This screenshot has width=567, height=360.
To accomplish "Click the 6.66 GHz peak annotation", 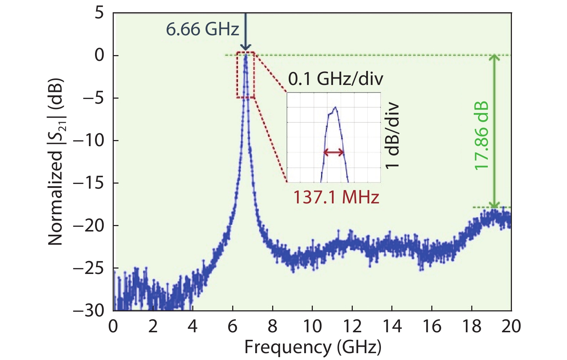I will [x=202, y=29].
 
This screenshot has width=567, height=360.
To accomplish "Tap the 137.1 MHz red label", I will [x=336, y=197].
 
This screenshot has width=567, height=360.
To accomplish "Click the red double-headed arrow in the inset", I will [x=334, y=152].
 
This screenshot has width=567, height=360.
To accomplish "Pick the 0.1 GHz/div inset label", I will [x=336, y=78].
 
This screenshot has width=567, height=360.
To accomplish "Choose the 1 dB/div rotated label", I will [x=392, y=136].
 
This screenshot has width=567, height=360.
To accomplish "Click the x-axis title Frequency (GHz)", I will [x=312, y=347].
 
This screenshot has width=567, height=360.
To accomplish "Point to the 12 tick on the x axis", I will [x=352, y=326].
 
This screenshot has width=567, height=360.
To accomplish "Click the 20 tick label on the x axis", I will [x=511, y=326].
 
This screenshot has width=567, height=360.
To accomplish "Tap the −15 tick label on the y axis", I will [x=89, y=183].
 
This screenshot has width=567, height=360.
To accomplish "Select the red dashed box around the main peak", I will [x=246, y=75].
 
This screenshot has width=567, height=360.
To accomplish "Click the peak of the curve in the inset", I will [x=335, y=107].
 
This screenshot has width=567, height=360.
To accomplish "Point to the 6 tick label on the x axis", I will [x=233, y=326].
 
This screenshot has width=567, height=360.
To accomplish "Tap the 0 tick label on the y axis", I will [x=99, y=55].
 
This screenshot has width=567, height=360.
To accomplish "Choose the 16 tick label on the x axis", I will [x=431, y=326].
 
